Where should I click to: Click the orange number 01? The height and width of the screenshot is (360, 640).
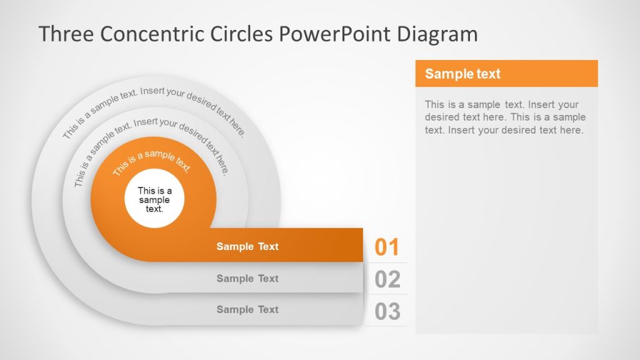coord(387,247)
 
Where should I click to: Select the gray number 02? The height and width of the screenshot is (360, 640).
coord(387,279)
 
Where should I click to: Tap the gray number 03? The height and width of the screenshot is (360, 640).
coord(387,311)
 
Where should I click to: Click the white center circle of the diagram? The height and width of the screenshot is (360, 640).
coord(154,200)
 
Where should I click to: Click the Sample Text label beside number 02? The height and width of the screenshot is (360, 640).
coord(247,278)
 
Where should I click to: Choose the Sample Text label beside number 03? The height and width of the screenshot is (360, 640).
coord(247,309)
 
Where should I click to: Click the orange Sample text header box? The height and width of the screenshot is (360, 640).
coord(506,74)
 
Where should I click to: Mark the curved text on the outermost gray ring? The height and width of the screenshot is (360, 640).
coord(153,106)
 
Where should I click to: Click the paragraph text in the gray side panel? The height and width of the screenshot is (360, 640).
coord(505,117)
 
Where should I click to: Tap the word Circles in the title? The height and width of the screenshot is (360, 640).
coord(241,34)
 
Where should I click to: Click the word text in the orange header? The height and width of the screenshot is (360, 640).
coord(487,74)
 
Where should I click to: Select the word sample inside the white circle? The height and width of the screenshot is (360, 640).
coord(154,200)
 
